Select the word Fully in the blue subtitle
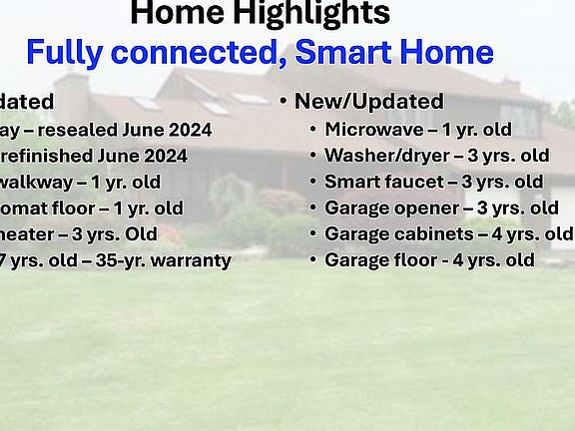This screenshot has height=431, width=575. click(66, 52)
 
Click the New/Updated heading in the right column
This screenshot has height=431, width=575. click(368, 102)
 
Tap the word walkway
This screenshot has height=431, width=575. click(30, 182)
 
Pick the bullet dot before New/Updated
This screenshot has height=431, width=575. click(284, 102)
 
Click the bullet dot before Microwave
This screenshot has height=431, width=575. click(313, 130)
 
